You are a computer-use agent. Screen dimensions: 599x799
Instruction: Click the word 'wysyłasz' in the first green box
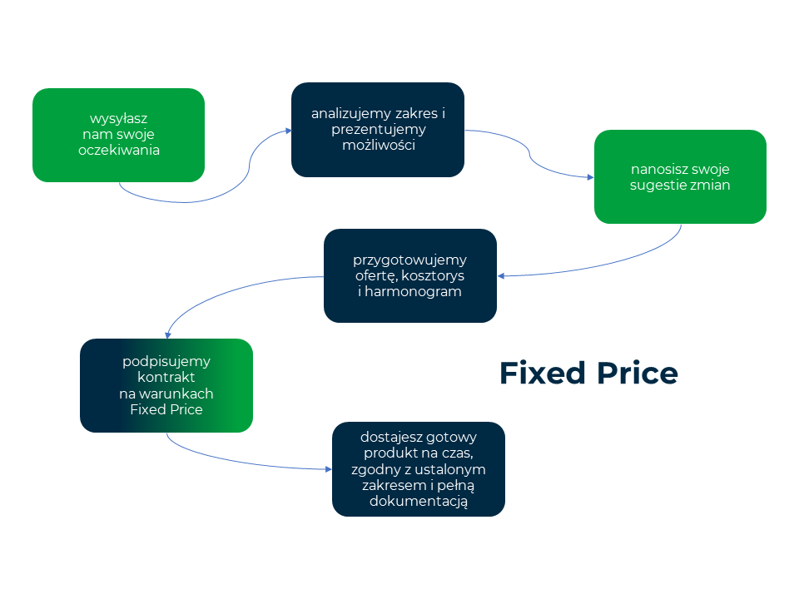point(118,118)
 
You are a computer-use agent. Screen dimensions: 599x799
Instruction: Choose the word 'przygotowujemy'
point(410,259)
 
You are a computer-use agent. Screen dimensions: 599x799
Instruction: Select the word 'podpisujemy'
point(166,361)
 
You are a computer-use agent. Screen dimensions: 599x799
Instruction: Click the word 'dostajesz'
point(389,437)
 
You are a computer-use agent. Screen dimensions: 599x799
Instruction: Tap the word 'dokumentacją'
point(419,501)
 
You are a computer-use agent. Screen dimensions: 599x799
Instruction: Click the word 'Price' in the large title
point(638,374)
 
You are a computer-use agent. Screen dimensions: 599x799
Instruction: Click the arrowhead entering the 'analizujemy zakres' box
point(288,131)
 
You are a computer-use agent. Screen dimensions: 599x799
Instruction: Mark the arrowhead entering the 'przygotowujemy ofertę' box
point(501,275)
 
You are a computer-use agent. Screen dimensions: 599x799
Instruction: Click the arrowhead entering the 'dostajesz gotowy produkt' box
point(328,469)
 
